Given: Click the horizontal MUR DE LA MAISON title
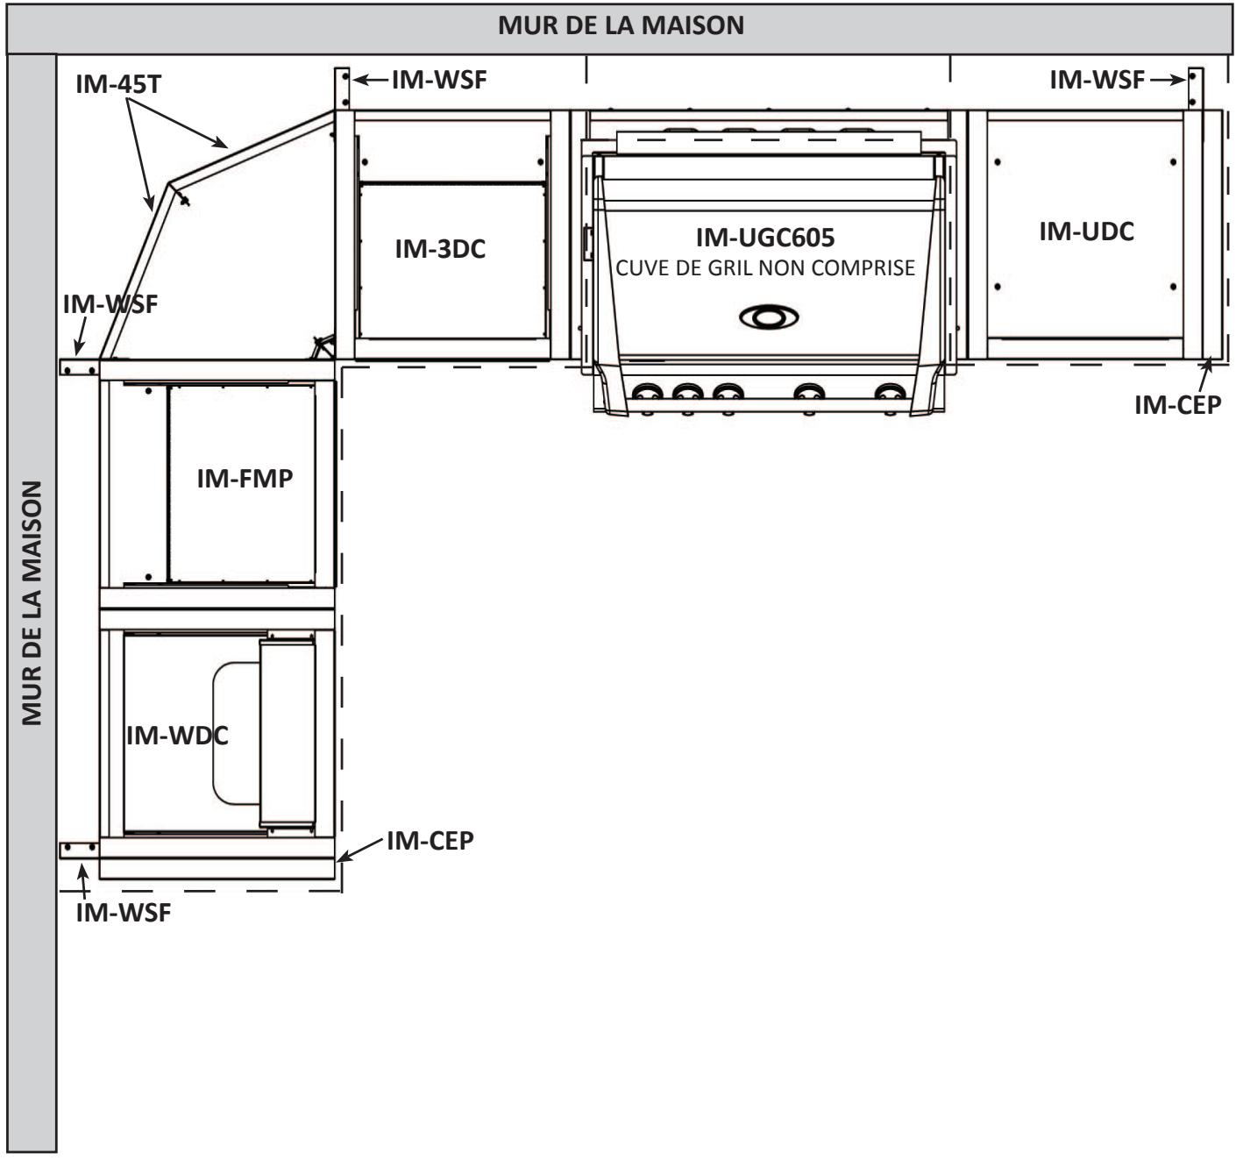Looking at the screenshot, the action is click(x=621, y=25).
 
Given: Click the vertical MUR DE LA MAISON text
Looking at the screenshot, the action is click(x=32, y=602).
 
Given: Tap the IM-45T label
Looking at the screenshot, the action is click(x=118, y=84).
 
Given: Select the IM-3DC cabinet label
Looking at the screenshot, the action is click(x=440, y=249).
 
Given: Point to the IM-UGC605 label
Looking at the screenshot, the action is click(x=765, y=238).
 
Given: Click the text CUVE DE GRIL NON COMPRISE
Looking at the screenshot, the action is click(x=765, y=267).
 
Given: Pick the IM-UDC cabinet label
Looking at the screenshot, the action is click(x=1086, y=231).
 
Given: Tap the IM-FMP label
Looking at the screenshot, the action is click(x=245, y=478).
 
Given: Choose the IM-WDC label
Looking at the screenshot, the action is click(x=177, y=736).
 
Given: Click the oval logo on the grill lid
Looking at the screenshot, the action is click(x=769, y=317).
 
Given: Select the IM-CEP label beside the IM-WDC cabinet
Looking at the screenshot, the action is click(x=430, y=841).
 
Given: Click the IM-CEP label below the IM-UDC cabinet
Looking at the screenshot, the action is click(x=1177, y=405).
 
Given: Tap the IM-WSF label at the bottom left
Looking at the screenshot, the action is click(x=124, y=913).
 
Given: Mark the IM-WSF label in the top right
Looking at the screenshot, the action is click(x=1097, y=80).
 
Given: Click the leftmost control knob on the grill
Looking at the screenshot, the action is click(x=647, y=392).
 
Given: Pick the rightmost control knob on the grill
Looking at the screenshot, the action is click(x=890, y=392).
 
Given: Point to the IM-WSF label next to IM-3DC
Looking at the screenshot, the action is click(x=439, y=80).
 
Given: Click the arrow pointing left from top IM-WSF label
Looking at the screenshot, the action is click(x=371, y=80).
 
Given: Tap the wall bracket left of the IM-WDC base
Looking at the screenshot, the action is click(x=79, y=850).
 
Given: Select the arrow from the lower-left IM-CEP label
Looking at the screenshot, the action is click(x=359, y=850).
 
